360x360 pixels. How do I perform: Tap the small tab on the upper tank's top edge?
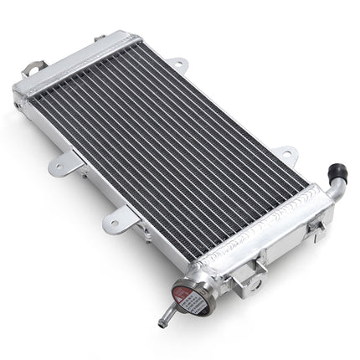pyautogui.click(x=100, y=38)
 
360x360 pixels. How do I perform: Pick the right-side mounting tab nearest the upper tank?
pyautogui.click(x=177, y=63)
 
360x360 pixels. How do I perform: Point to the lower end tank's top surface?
pyautogui.click(x=268, y=243)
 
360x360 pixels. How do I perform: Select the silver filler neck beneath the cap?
pyautogui.click(x=201, y=276)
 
